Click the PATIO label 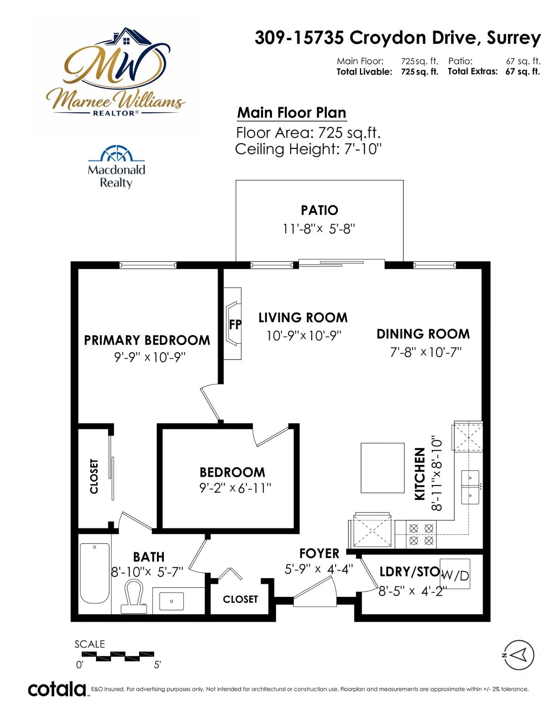point(319,210)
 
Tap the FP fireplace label point(235,324)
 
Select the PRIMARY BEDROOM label point(147,340)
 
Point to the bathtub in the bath point(94,573)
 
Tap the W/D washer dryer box point(455,574)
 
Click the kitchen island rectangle point(382,468)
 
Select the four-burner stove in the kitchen point(421,534)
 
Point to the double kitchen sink point(470,487)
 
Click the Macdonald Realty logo point(117,167)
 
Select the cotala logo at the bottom point(57,689)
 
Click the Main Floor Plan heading point(292,113)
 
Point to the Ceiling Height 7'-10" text point(309,149)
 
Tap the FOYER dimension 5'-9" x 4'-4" point(319,569)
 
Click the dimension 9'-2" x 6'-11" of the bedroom point(235,488)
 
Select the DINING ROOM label point(423,334)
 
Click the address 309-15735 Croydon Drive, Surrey point(398,38)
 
